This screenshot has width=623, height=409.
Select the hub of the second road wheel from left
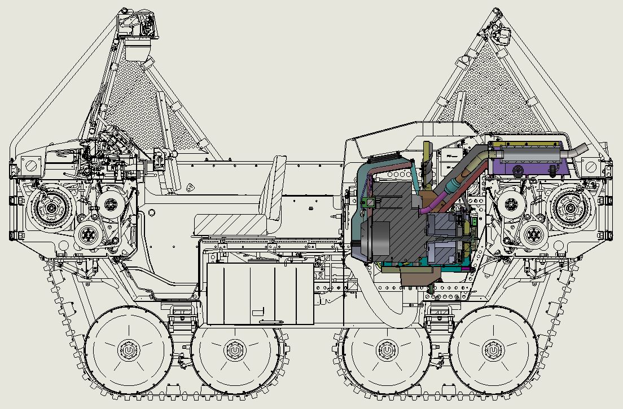234,351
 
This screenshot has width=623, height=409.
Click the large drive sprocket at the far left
51,208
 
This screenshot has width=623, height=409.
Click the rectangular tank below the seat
260,293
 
